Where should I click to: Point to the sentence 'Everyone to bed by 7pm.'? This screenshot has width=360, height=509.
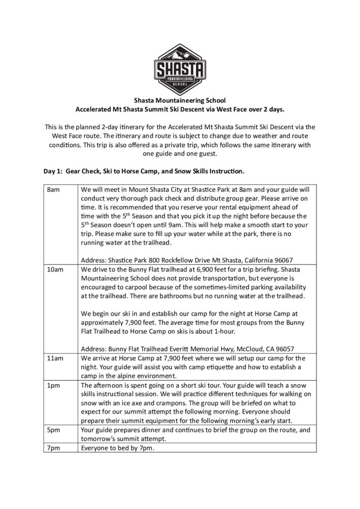point(118,448)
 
